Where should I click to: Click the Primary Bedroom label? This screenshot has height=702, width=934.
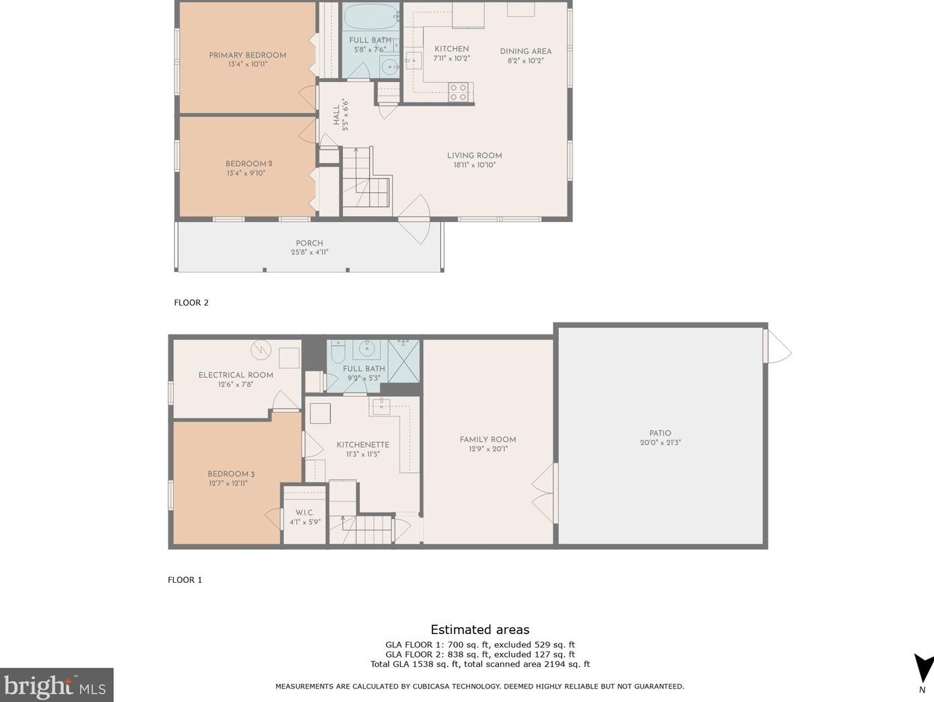[247, 55]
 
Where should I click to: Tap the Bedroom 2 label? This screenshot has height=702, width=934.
[248, 164]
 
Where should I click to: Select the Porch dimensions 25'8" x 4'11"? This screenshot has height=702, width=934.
[309, 252]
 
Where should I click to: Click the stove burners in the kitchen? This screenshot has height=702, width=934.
[459, 92]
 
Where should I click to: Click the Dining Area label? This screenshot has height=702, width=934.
[525, 51]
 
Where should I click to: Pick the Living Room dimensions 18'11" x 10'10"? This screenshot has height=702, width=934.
[474, 165]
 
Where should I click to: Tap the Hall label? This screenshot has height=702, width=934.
[336, 115]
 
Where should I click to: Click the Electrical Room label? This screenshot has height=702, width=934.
[236, 375]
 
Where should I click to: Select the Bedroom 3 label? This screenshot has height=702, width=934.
[231, 474]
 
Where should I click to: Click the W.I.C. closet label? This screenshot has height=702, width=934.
[304, 512]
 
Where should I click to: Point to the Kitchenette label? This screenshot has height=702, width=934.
[363, 445]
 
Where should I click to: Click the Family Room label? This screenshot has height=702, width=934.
[488, 440]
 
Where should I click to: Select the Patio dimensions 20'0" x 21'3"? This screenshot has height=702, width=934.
[660, 443]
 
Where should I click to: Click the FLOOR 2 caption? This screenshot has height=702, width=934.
[191, 303]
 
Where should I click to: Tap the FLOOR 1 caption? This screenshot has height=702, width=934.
[185, 580]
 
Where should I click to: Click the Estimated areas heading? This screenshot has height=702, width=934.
[479, 630]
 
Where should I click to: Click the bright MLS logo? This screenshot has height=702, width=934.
[56, 686]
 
